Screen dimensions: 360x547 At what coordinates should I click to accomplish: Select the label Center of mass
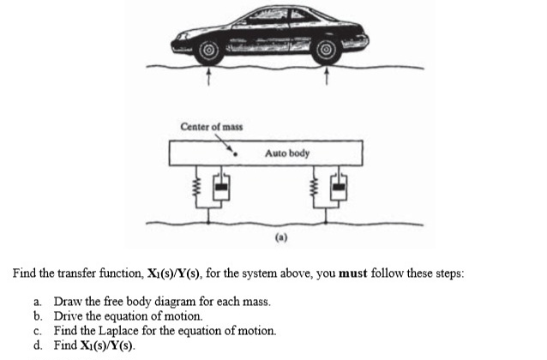pos(211,127)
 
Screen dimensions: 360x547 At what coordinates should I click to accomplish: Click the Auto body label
pos(287,153)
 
